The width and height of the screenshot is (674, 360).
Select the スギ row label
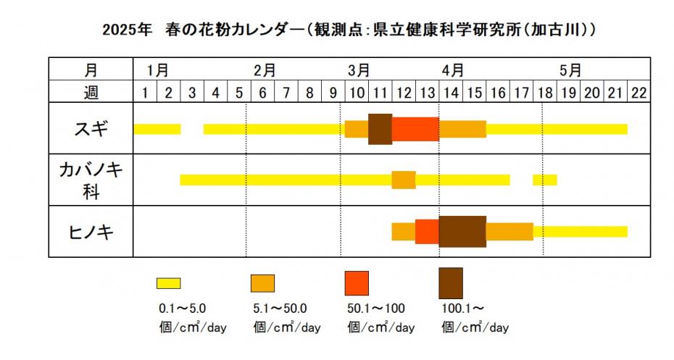coord(91,129)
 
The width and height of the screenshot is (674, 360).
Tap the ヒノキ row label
coord(91,231)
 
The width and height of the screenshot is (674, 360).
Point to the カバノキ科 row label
coord(91,180)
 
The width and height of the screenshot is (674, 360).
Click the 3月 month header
coord(359,70)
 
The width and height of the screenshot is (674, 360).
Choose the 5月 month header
coord(571,70)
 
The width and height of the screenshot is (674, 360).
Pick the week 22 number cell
coord(638,92)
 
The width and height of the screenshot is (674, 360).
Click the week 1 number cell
coord(145,92)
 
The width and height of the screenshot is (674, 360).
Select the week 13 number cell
coord(428,92)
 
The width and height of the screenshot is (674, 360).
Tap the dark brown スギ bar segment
coord(380,129)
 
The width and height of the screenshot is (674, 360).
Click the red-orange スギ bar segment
coord(415,129)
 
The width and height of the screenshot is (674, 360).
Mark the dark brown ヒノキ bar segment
coord(462,231)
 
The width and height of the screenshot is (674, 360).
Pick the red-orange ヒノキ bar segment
coord(427,231)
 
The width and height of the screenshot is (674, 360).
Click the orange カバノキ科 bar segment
coord(404,180)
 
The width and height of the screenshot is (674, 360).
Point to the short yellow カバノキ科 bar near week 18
coord(545,180)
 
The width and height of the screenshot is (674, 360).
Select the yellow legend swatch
coord(169,282)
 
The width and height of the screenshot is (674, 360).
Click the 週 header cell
coord(91,92)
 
